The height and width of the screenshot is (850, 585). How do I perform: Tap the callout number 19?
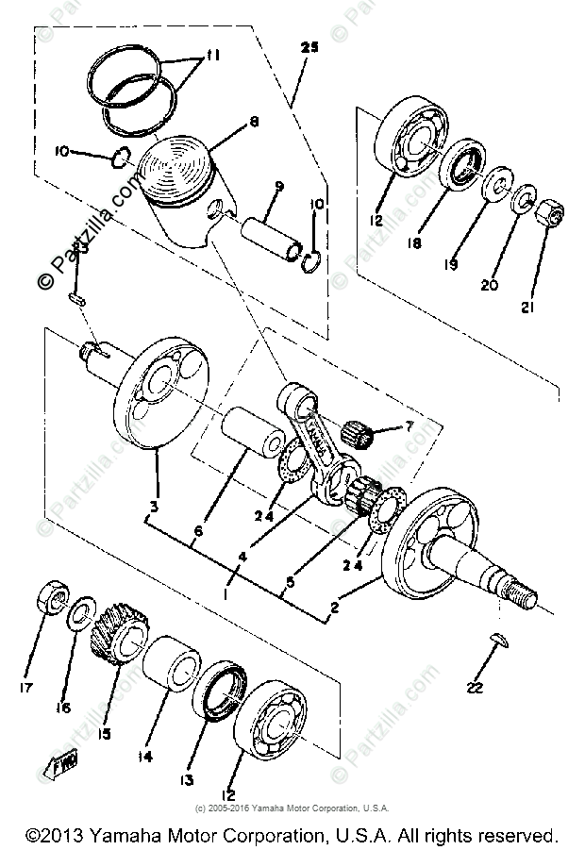pos(452,266)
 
